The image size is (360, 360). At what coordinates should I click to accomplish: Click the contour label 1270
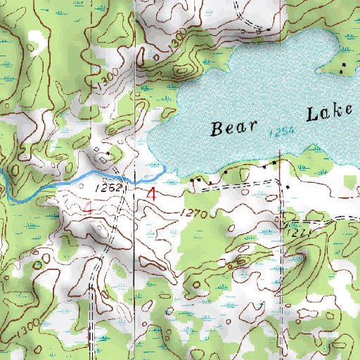coord(195,213)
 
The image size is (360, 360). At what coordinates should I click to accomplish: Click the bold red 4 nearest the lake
coord(152,194)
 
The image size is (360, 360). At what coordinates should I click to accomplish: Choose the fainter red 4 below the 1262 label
coord(89,207)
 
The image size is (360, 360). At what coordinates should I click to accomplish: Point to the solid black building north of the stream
coord(106,153)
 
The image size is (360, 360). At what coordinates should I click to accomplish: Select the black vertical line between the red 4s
coord(131,211)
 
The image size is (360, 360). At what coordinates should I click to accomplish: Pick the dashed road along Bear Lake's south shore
coord(239,181)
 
